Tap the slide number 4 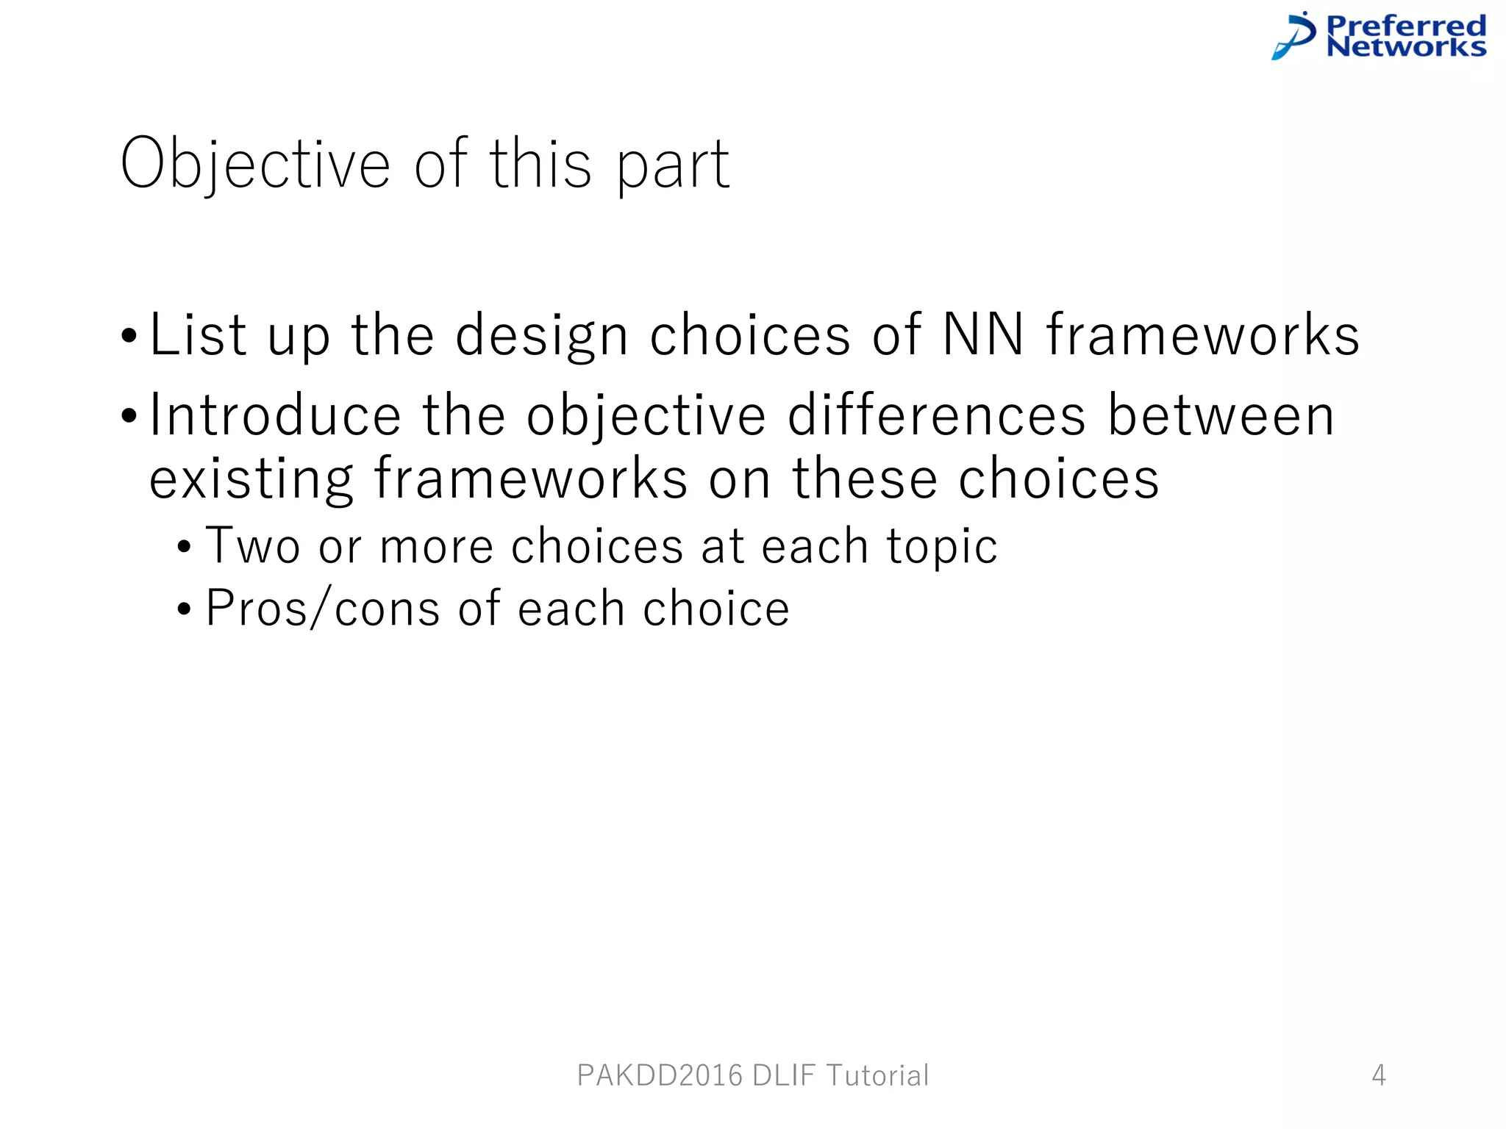click(1379, 1075)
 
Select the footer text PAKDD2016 click(660, 1075)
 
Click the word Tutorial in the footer click(878, 1075)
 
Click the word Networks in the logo click(1406, 47)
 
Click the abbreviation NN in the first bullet click(983, 335)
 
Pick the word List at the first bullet click(198, 335)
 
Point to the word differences click(936, 416)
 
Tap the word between click(1221, 416)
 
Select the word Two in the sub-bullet click(253, 546)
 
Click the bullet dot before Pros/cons click(184, 609)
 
